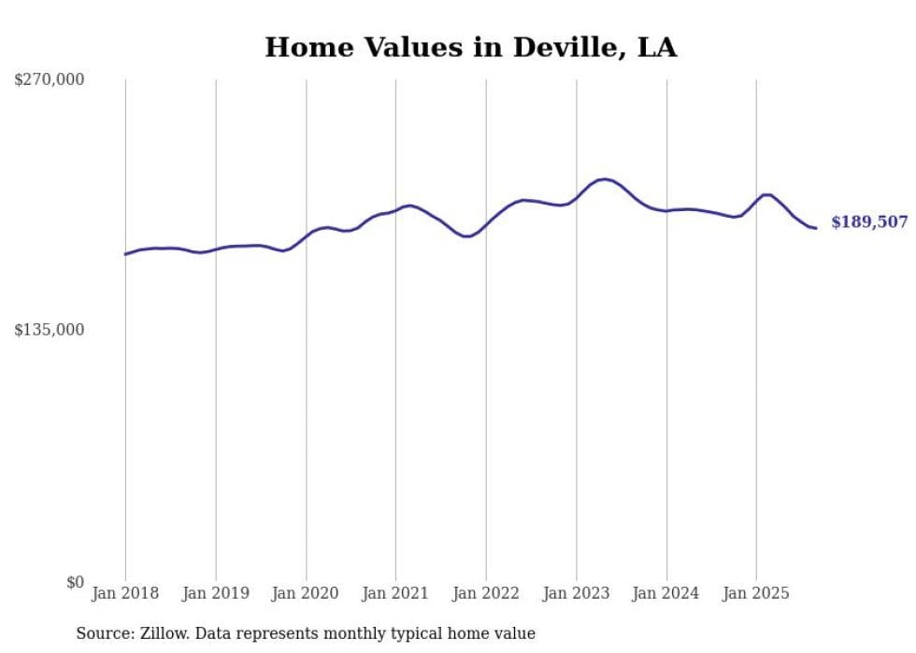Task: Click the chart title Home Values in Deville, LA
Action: tap(470, 47)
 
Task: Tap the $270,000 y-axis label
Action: tap(50, 80)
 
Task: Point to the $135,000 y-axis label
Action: tap(50, 330)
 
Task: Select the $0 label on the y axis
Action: tap(75, 582)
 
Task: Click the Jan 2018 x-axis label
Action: tap(125, 593)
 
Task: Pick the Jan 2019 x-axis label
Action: tap(216, 593)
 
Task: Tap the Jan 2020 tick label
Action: tap(306, 593)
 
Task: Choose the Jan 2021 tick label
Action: tap(395, 593)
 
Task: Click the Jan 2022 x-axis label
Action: tap(486, 593)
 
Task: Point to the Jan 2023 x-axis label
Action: tap(577, 593)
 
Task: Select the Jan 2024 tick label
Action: tap(666, 593)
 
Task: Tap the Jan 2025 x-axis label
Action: tap(756, 593)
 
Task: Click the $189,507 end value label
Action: tap(869, 222)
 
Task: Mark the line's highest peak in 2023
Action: tap(605, 178)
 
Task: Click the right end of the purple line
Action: tap(816, 228)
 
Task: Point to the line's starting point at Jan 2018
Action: tap(125, 254)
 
